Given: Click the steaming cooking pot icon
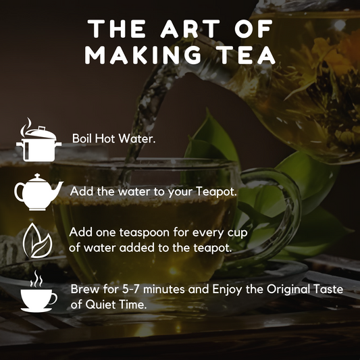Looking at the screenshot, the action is [x=38, y=140].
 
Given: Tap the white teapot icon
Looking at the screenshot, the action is [x=38, y=192].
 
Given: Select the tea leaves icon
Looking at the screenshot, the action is [x=38, y=240].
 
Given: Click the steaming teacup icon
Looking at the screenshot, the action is [x=38, y=292].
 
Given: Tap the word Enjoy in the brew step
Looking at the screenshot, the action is [x=227, y=290].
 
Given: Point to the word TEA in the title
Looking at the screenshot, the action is [x=248, y=55].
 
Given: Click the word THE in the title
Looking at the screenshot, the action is [x=117, y=28].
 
